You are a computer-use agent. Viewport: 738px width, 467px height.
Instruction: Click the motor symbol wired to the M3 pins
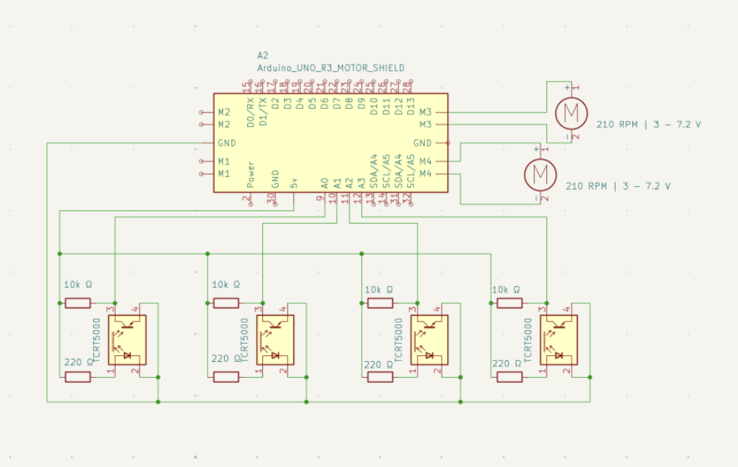pos(570,113)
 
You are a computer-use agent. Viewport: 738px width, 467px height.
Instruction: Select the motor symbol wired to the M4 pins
pos(539,173)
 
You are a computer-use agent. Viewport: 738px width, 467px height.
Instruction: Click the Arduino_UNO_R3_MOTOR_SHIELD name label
pos(331,68)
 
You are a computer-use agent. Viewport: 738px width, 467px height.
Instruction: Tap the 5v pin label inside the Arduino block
pos(295,182)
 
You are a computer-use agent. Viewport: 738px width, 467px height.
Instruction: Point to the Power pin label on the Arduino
pos(251,174)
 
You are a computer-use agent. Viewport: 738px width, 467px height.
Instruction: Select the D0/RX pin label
pos(251,110)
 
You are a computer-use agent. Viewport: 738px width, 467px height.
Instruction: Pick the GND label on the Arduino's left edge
pos(226,143)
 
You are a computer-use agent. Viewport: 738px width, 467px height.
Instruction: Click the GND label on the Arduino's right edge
pos(422,143)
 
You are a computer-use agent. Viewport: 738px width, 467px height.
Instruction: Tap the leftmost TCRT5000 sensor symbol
pos(127,340)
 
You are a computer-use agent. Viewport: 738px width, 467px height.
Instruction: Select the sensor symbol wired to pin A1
pos(274,340)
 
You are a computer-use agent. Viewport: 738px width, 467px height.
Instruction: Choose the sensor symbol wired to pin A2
pos(429,340)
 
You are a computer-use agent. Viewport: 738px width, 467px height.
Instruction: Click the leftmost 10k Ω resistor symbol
pos(77,303)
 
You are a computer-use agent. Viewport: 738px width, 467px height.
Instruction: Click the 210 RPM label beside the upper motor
pos(649,125)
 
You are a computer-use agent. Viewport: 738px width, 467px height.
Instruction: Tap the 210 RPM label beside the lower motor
pos(618,185)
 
